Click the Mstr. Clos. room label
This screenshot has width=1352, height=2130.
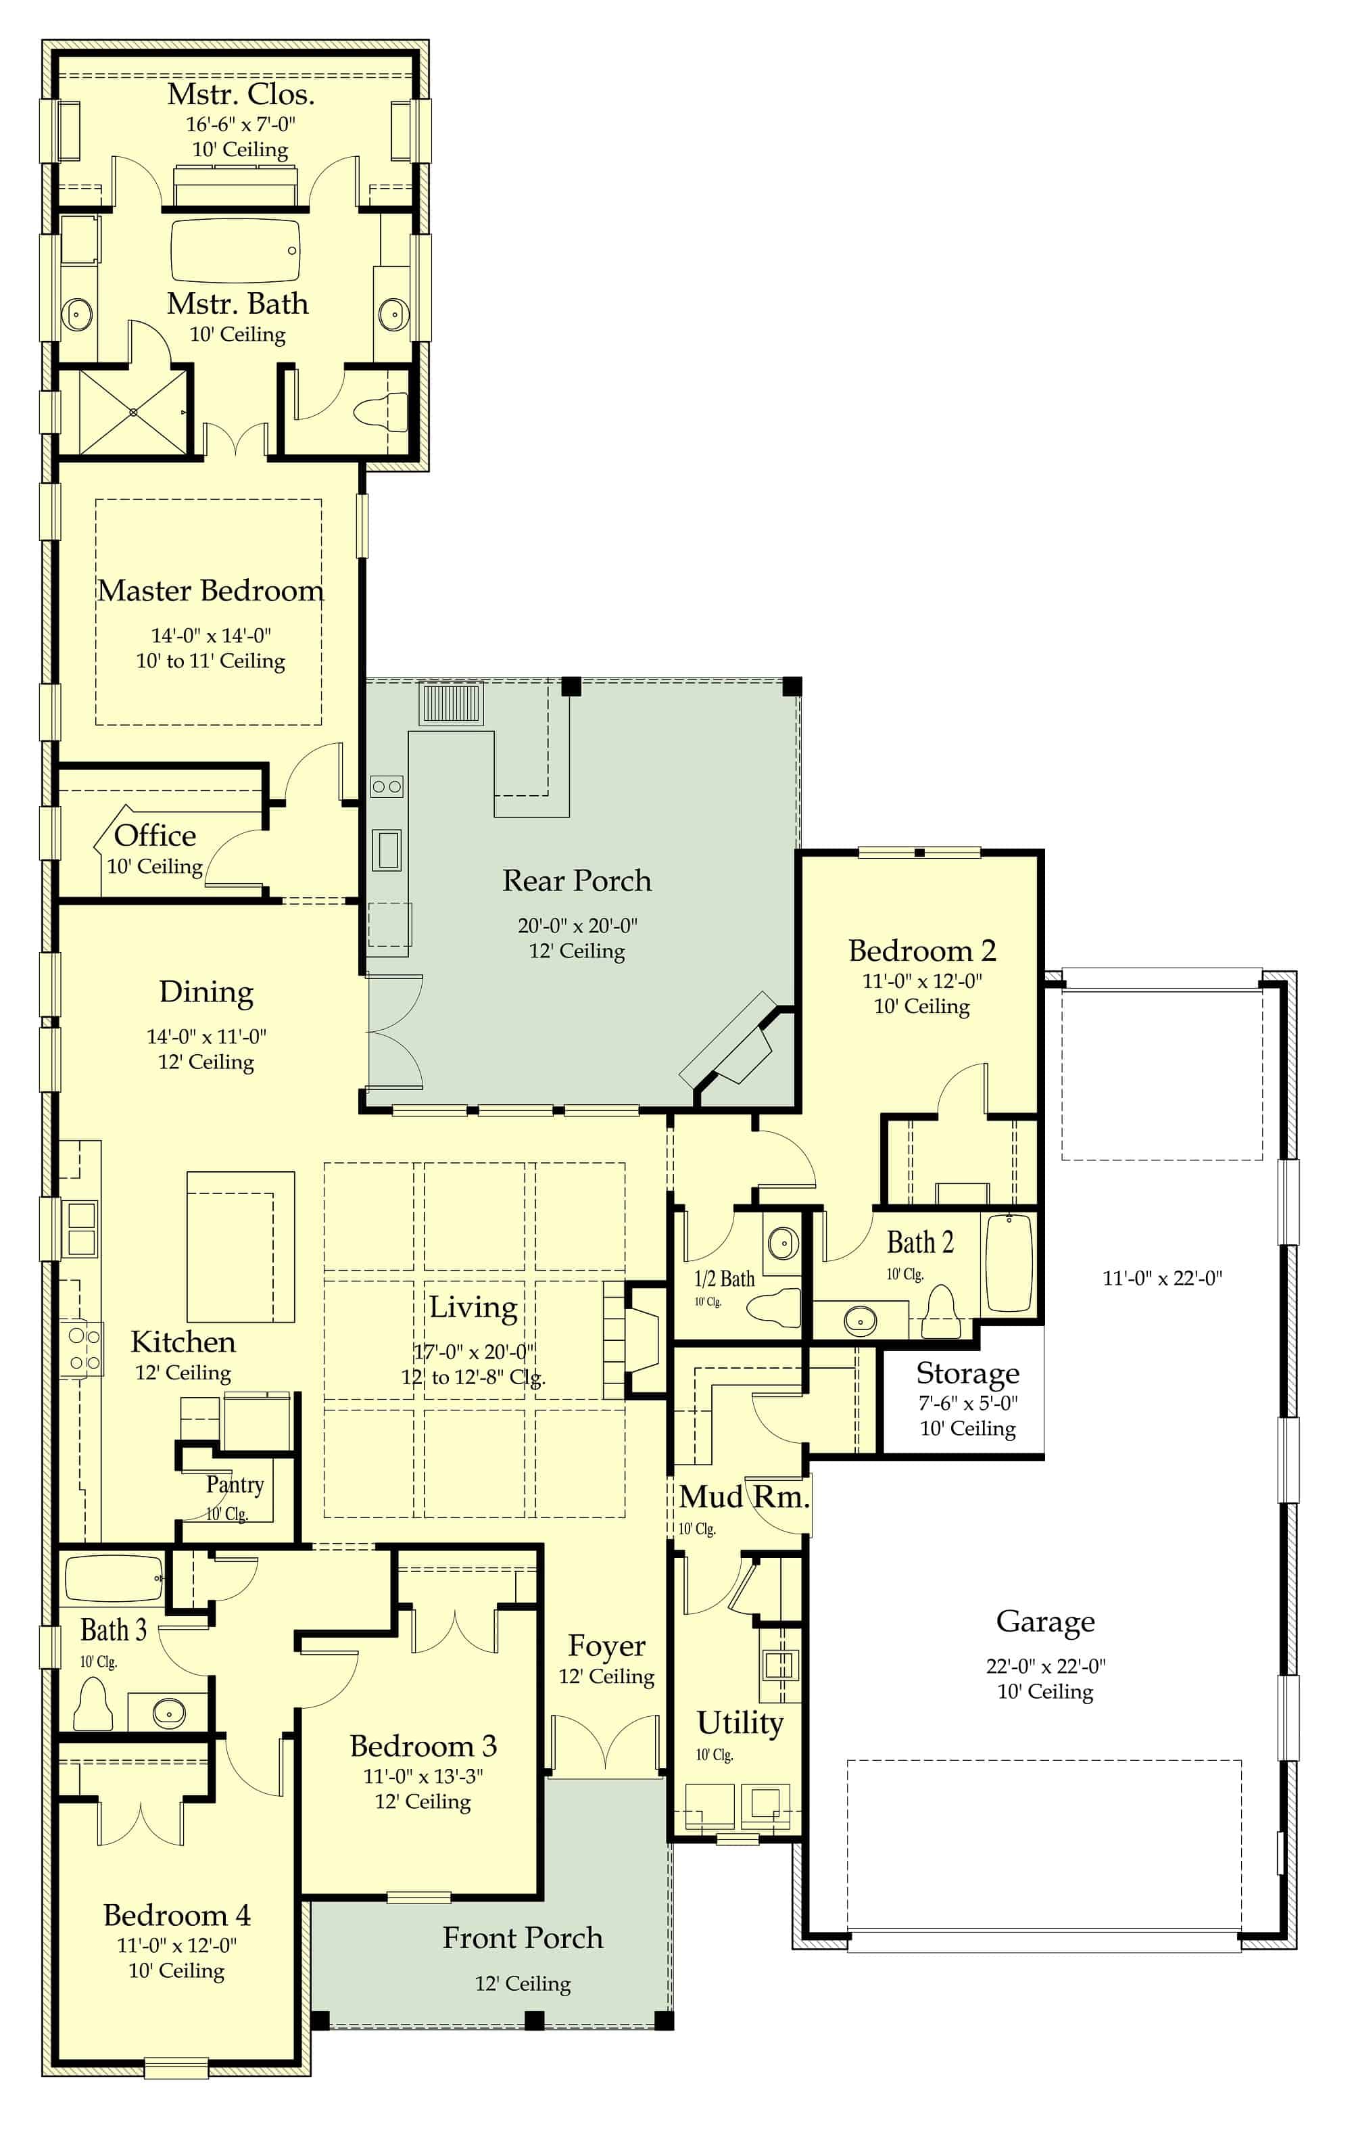[x=241, y=94]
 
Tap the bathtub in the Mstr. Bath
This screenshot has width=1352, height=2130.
[x=235, y=252]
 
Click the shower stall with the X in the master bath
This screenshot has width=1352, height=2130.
[x=134, y=412]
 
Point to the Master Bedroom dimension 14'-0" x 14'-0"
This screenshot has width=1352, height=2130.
[x=210, y=635]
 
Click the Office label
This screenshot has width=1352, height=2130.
[x=155, y=835]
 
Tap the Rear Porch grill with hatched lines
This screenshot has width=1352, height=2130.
[x=451, y=704]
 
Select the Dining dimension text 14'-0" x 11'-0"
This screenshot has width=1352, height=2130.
[x=206, y=1036]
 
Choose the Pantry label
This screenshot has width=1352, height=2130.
[x=235, y=1484]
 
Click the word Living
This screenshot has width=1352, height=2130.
[x=473, y=1307]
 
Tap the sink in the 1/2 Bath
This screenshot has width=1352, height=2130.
[x=783, y=1243]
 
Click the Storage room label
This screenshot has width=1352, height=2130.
[x=967, y=1373]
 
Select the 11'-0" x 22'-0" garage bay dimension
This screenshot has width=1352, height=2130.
[x=1162, y=1277]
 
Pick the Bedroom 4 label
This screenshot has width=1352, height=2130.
[x=177, y=1915]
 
